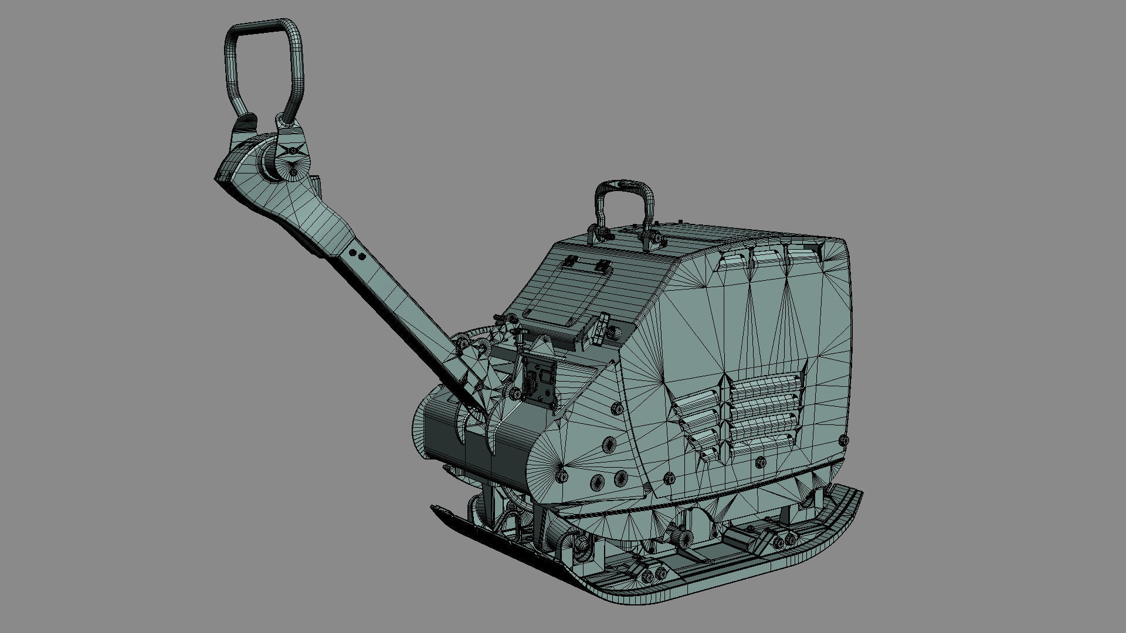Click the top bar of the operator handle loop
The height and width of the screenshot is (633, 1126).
[x=264, y=26]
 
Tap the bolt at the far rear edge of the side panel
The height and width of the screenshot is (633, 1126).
[x=843, y=439]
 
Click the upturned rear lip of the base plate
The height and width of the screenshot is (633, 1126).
[x=844, y=516]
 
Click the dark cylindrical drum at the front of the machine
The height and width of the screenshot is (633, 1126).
[x=463, y=434]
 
